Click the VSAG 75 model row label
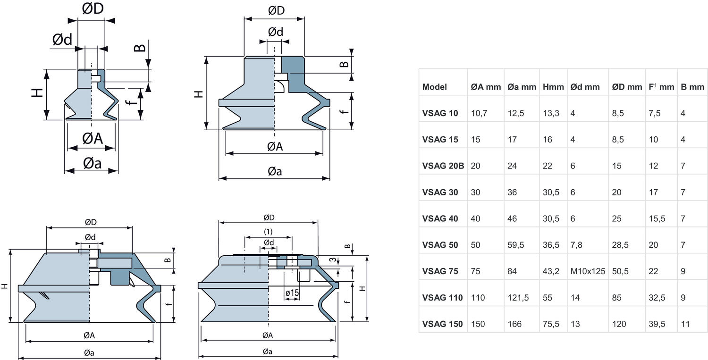[440, 271]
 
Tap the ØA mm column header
[486, 87]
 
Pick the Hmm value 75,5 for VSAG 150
[551, 324]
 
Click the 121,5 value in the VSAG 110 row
[518, 298]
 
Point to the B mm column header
[692, 87]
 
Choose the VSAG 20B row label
[443, 166]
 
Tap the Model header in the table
[435, 87]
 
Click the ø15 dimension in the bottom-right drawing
[292, 293]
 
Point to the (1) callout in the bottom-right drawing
[268, 232]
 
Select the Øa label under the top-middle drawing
[275, 172]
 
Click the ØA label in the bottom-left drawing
[89, 335]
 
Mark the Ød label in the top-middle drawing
[276, 32]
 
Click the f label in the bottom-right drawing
[347, 302]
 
